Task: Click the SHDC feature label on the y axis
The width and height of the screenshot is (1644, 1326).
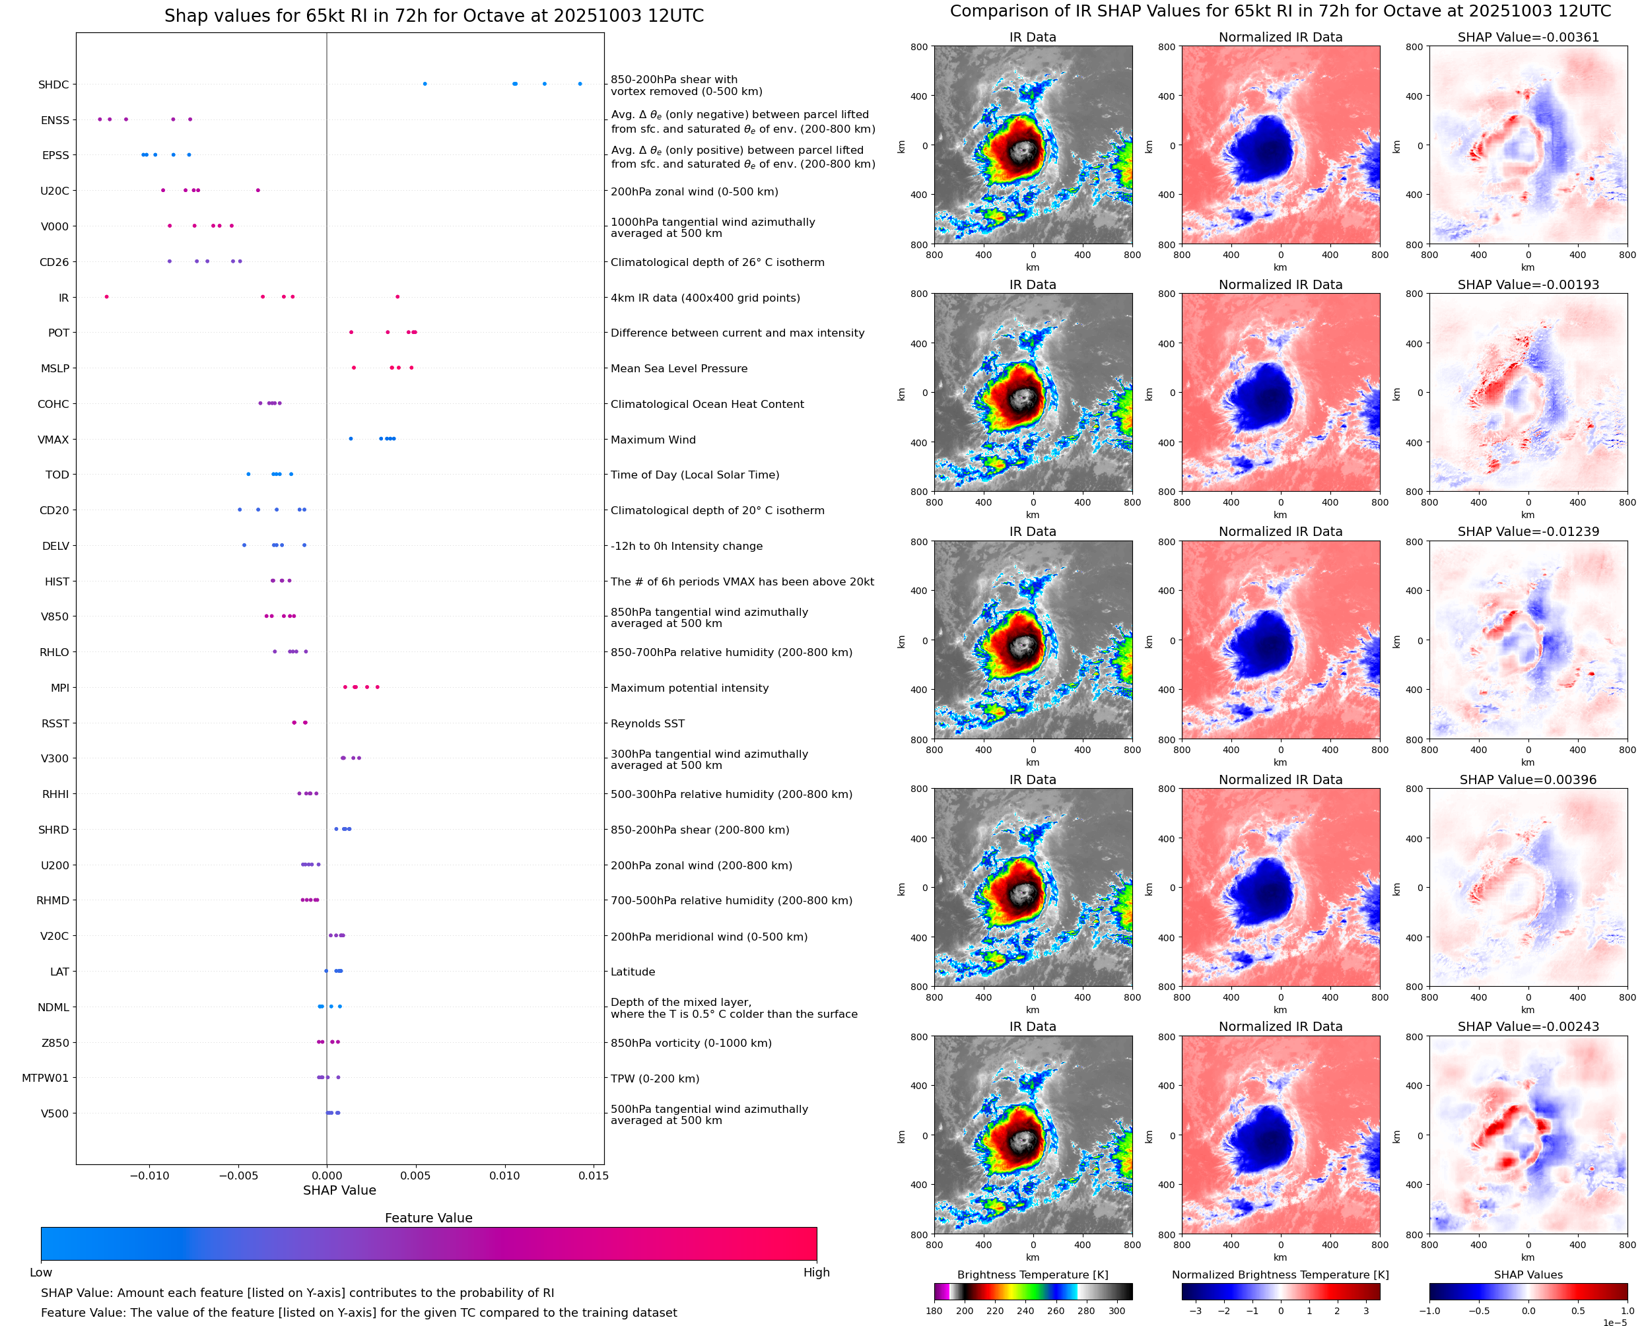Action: coord(53,84)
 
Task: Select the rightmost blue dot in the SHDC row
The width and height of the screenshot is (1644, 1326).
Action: coord(580,84)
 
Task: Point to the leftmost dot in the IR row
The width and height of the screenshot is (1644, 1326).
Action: coord(106,297)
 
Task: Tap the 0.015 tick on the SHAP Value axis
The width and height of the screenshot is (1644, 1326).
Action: coord(594,1176)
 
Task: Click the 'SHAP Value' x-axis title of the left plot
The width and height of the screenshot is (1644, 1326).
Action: coord(339,1190)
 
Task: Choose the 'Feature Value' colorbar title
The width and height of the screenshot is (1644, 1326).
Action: coord(428,1218)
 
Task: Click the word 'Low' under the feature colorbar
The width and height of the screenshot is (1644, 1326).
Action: coord(40,1273)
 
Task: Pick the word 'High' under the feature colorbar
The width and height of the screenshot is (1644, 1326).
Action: coord(816,1273)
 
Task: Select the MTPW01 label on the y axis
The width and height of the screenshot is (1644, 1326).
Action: coord(45,1078)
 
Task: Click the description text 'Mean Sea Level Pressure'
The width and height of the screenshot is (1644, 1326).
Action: coord(678,369)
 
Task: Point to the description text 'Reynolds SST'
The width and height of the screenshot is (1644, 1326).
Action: coord(647,723)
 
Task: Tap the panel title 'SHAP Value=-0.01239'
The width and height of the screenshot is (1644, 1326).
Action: coord(1528,531)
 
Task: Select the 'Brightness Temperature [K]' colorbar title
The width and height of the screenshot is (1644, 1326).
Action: coord(1032,1275)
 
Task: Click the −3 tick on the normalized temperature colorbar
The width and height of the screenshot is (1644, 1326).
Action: coord(1196,1311)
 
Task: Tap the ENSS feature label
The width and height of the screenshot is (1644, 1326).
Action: coord(55,121)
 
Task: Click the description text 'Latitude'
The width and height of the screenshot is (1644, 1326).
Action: coord(633,972)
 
